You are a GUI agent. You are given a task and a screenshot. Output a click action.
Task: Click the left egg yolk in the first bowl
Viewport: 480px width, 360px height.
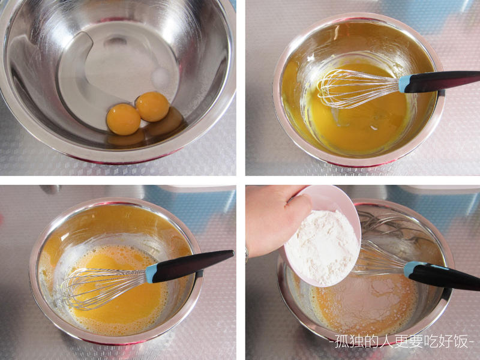coord(124,119)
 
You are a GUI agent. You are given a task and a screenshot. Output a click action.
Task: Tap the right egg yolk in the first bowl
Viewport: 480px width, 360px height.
coord(152,107)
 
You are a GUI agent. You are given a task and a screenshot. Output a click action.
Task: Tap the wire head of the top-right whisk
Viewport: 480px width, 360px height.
coord(358,88)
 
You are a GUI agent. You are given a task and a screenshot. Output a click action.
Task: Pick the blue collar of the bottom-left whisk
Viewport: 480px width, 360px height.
coord(152,273)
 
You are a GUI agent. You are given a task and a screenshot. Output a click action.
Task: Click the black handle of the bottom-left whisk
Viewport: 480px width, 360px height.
coord(191,266)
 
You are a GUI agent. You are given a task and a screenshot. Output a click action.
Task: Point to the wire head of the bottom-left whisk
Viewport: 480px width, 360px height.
coord(103,288)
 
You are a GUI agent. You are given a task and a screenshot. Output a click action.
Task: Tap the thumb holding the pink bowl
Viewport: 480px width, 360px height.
coord(298,208)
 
